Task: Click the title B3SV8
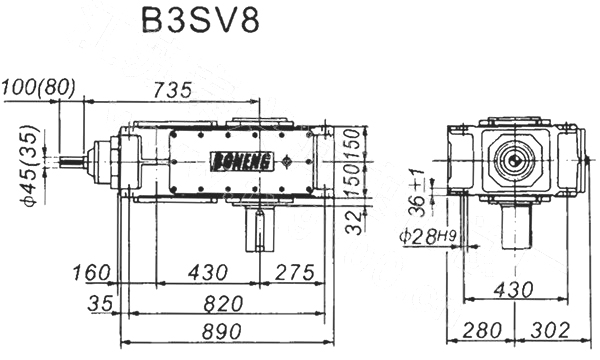click(x=201, y=20)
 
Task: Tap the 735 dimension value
click(x=172, y=91)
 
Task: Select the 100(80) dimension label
click(x=38, y=88)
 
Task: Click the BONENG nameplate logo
click(x=241, y=161)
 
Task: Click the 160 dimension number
click(x=91, y=272)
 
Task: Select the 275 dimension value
click(x=294, y=272)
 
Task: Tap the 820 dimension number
click(x=223, y=304)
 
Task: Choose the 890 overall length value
click(x=222, y=331)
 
